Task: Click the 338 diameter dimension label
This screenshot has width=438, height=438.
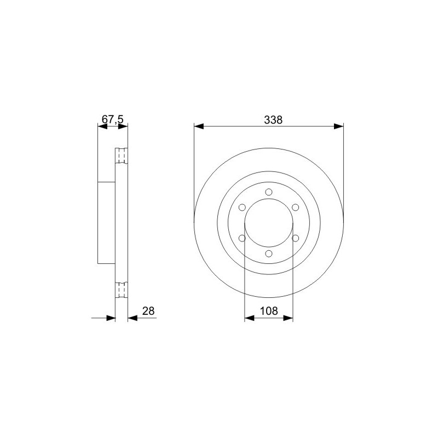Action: click(x=273, y=120)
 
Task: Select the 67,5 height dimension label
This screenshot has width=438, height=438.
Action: click(x=112, y=119)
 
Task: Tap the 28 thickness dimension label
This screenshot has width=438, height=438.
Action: click(x=148, y=311)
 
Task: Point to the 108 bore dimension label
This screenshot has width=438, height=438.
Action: click(x=269, y=311)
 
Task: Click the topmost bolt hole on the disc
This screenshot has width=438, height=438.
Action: click(x=269, y=192)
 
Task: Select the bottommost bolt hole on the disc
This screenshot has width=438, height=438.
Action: click(x=269, y=253)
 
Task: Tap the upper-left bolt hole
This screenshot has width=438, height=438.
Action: click(x=242, y=208)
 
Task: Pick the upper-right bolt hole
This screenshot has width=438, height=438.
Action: click(x=295, y=208)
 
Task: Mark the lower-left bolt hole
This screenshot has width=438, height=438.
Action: click(x=242, y=238)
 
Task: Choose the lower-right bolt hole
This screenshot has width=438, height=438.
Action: click(x=295, y=238)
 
